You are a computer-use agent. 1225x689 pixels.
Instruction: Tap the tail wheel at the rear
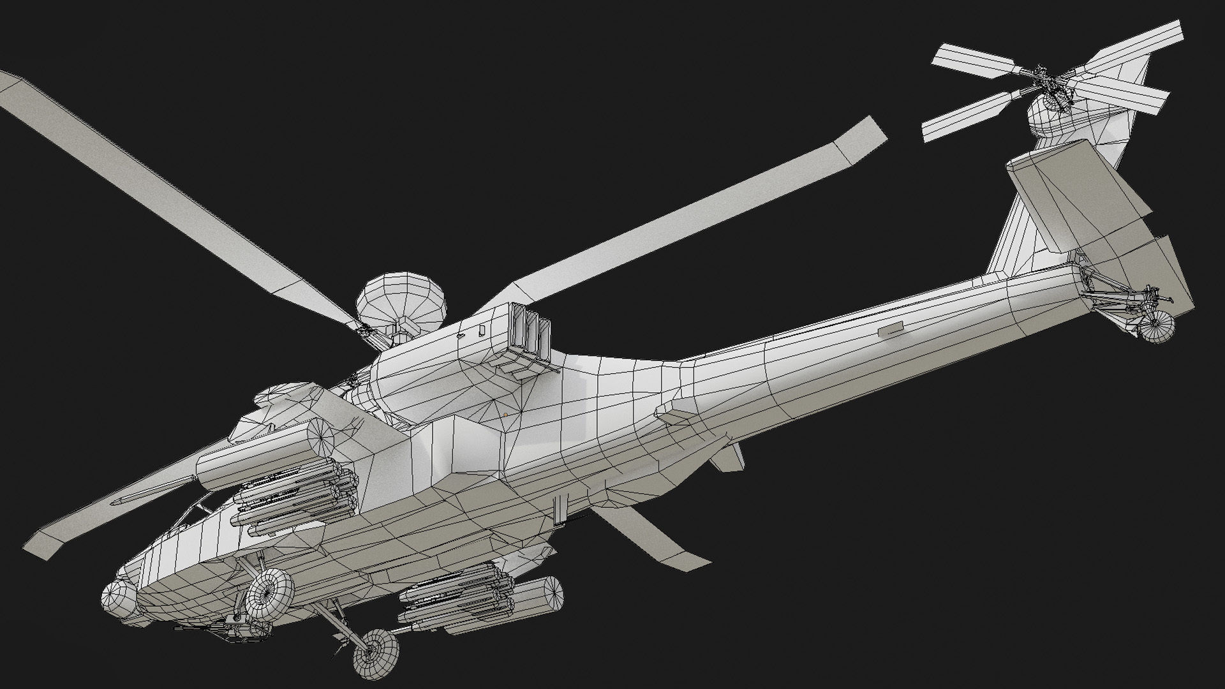[x=1157, y=327]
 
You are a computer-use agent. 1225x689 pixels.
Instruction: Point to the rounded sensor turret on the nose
[x=118, y=600]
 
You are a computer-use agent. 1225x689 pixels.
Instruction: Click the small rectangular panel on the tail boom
[x=891, y=329]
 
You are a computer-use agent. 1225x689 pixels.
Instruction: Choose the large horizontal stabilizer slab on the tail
[x=1078, y=198]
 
